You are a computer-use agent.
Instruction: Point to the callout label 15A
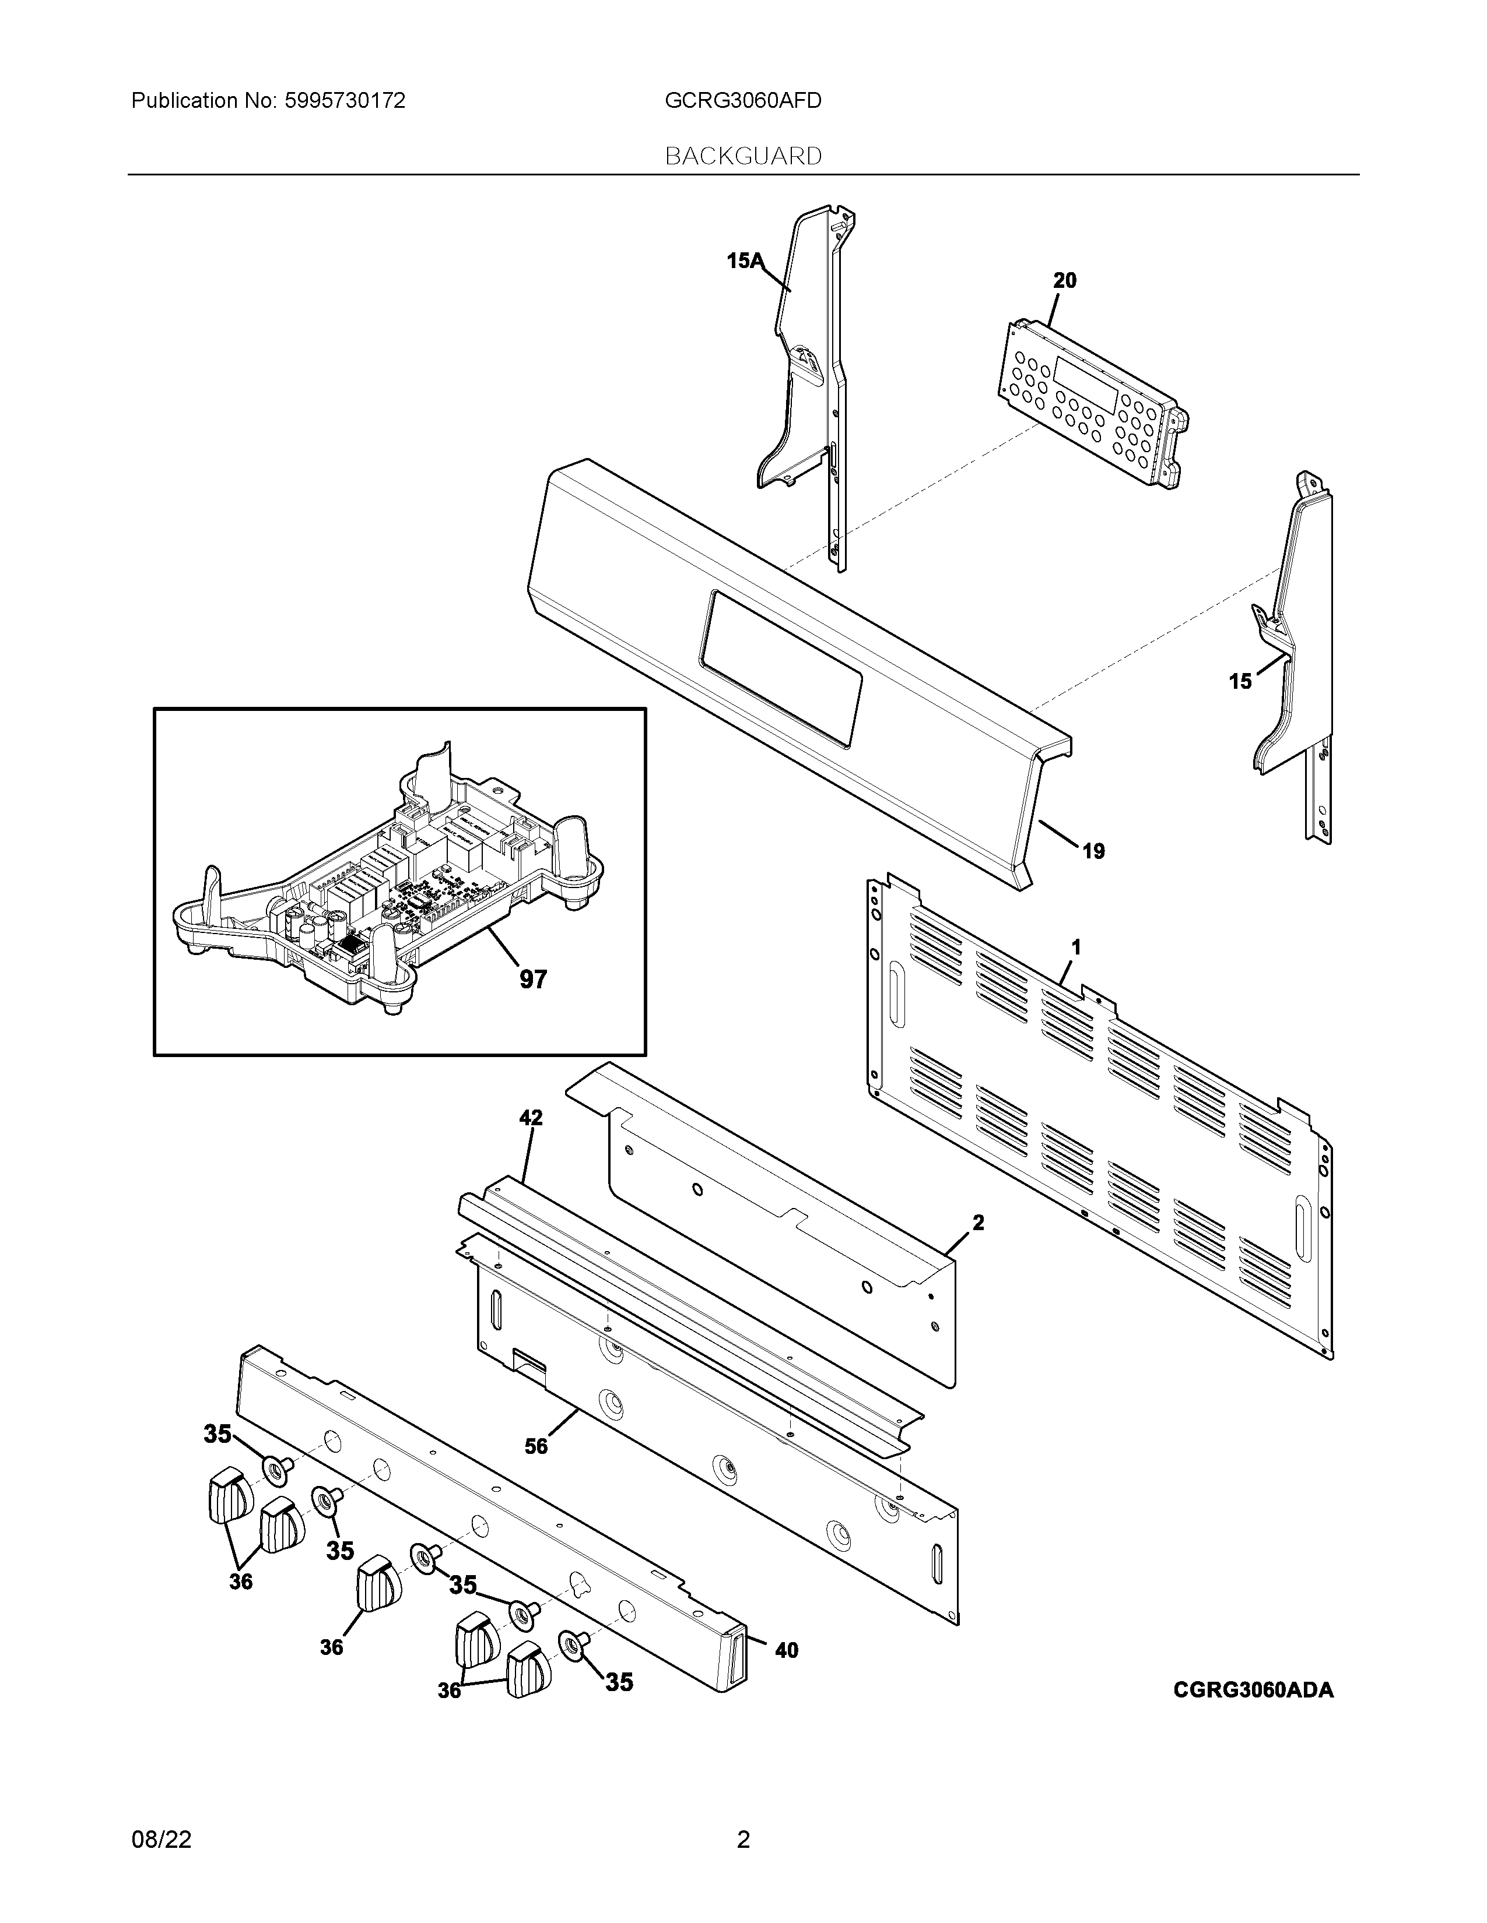pyautogui.click(x=745, y=260)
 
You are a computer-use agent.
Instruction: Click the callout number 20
pyautogui.click(x=1064, y=281)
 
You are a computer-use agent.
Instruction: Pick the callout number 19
pyautogui.click(x=1093, y=851)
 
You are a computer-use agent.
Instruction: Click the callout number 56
pyautogui.click(x=535, y=1446)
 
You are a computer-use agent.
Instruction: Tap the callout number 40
pyautogui.click(x=786, y=1650)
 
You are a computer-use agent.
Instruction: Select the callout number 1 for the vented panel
pyautogui.click(x=1076, y=948)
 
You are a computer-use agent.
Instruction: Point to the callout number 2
pyautogui.click(x=978, y=1223)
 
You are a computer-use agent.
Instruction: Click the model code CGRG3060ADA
pyautogui.click(x=1253, y=1690)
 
